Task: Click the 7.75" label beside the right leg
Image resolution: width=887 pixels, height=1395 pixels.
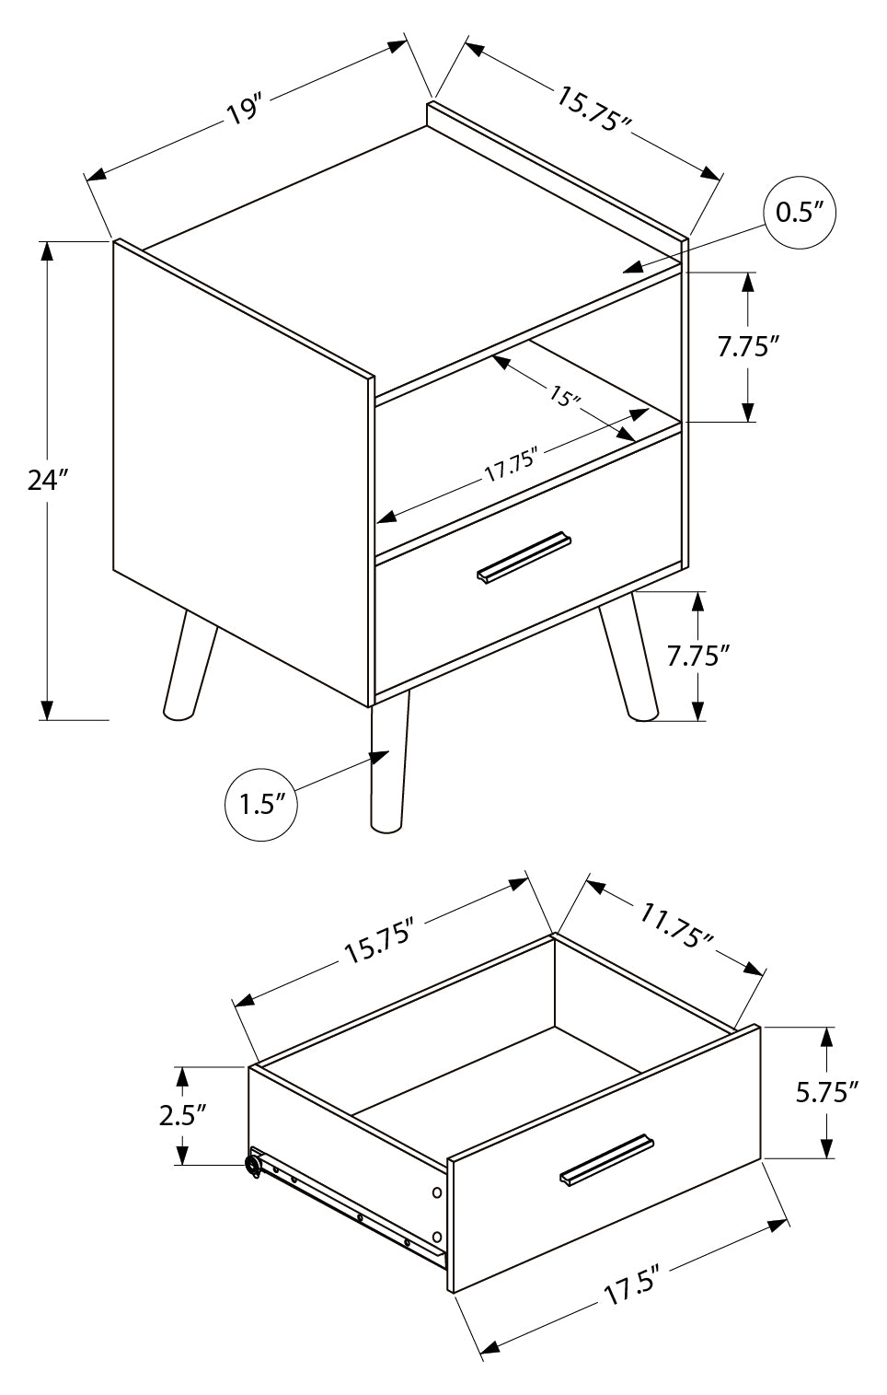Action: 698,656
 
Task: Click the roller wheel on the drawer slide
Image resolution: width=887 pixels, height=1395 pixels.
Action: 252,1167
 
